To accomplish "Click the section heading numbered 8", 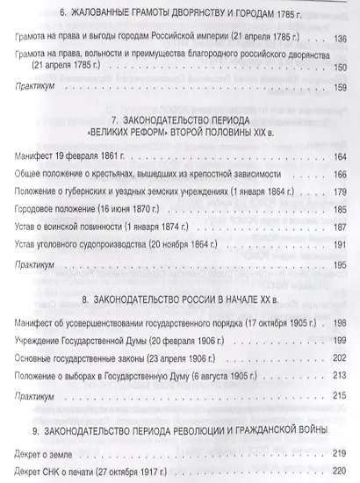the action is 180,295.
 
